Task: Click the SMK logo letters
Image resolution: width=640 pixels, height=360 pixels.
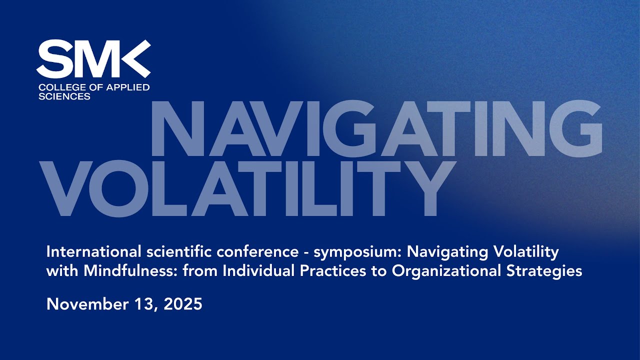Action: tap(93, 59)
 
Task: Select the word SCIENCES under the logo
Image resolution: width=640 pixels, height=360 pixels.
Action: tap(64, 96)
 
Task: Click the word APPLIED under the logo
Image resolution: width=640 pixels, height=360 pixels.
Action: tap(127, 87)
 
